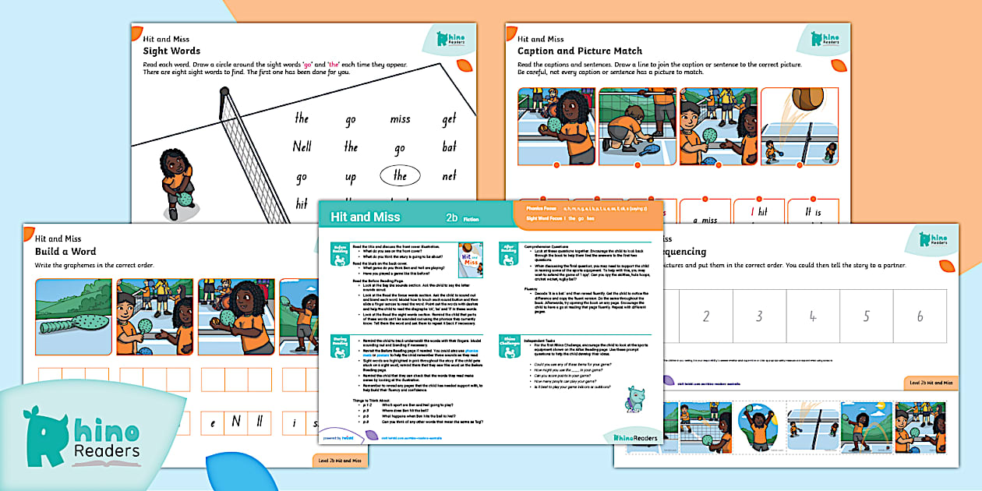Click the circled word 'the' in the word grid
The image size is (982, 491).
pyautogui.click(x=400, y=175)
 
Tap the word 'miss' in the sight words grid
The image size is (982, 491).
pyautogui.click(x=400, y=118)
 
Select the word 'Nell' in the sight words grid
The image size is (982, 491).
pyautogui.click(x=302, y=147)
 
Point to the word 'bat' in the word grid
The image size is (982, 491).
pyautogui.click(x=449, y=147)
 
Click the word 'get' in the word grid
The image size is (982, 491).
pyautogui.click(x=449, y=118)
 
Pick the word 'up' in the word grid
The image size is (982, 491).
pyautogui.click(x=351, y=177)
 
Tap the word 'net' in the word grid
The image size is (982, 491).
pyautogui.click(x=449, y=175)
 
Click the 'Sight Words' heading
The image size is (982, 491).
pyautogui.click(x=171, y=51)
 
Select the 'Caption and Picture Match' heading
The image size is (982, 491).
pyautogui.click(x=580, y=51)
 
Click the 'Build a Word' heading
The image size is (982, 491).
pyautogui.click(x=65, y=251)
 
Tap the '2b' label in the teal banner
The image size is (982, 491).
pyautogui.click(x=451, y=217)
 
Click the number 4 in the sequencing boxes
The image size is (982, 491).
pyautogui.click(x=812, y=316)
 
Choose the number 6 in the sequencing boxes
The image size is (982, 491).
pyautogui.click(x=920, y=316)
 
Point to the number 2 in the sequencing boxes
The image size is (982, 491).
pyautogui.click(x=706, y=316)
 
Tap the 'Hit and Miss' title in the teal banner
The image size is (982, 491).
pyautogui.click(x=366, y=217)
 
